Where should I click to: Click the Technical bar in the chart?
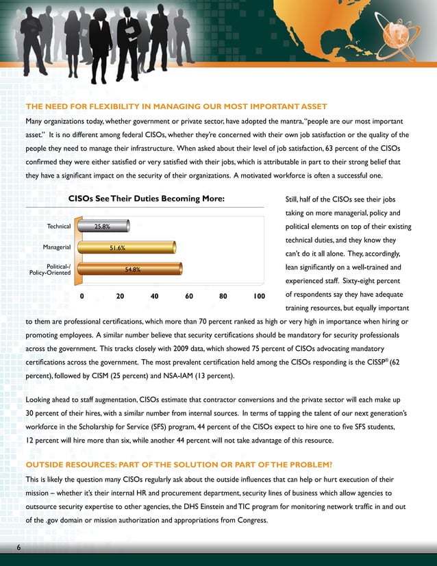pyautogui.click(x=95, y=225)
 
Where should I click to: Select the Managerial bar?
pyautogui.click(x=128, y=247)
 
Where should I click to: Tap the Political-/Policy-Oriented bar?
pyautogui.click(x=131, y=269)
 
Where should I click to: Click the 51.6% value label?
pyautogui.click(x=116, y=248)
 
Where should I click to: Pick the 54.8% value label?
pyautogui.click(x=132, y=269)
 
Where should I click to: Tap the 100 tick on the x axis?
pyautogui.click(x=258, y=297)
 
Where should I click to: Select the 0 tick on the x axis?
pyautogui.click(x=82, y=297)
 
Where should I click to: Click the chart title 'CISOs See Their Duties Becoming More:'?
pyautogui.click(x=147, y=199)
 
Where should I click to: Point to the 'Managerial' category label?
pyautogui.click(x=57, y=247)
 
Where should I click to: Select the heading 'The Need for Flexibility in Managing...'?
pyautogui.click(x=176, y=106)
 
